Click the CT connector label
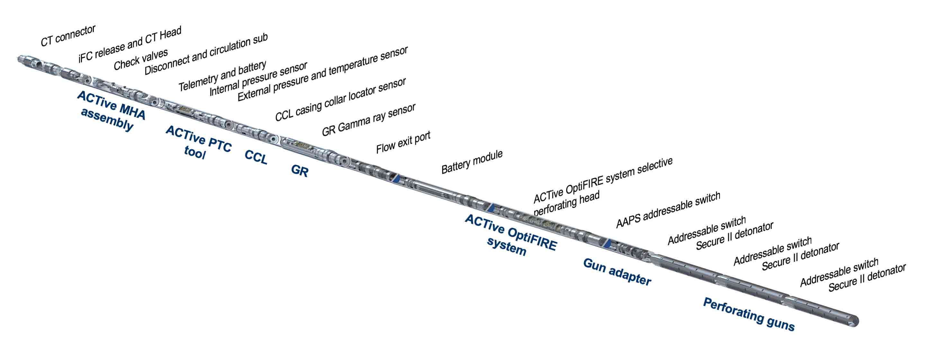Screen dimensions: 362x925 tap(68, 36)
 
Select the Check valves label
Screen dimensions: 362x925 tap(141, 59)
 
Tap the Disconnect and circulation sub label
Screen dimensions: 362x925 tap(206, 54)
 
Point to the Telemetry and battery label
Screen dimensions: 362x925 tap(223, 76)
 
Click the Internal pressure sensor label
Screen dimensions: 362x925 tap(258, 79)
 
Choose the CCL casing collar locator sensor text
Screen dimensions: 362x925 tap(340, 99)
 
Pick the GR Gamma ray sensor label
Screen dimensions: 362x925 tap(368, 120)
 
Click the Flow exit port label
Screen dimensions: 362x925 tap(403, 142)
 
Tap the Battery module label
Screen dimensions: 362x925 tap(472, 162)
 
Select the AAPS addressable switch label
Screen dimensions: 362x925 tap(668, 210)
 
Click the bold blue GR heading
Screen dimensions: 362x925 tap(300, 171)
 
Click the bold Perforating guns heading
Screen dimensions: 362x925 tap(748, 314)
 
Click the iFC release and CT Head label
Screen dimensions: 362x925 tap(130, 44)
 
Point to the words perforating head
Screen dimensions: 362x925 tap(566, 204)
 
